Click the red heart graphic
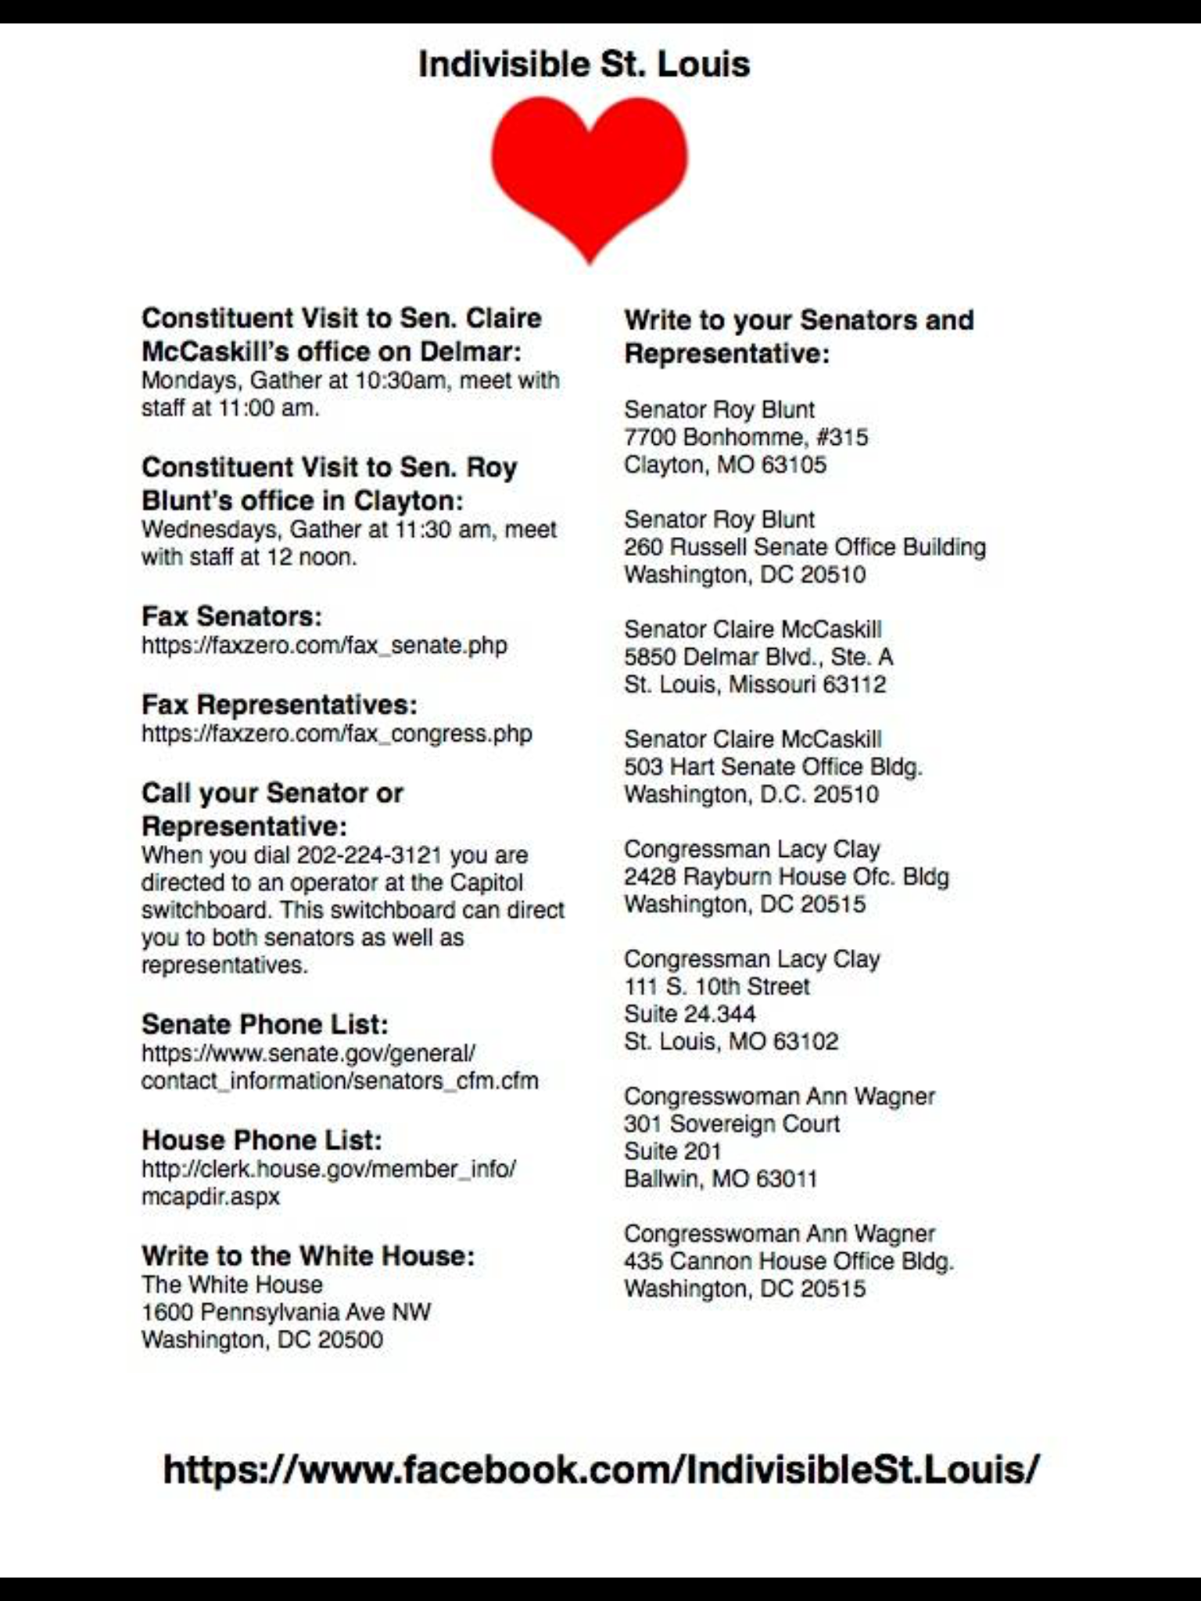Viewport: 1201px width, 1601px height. [x=589, y=172]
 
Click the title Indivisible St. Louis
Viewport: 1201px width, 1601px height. [x=584, y=64]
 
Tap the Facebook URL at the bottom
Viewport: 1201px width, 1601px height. [x=600, y=1469]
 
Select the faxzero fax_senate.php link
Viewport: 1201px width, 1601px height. [x=324, y=646]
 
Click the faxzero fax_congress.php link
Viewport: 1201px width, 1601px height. [x=336, y=734]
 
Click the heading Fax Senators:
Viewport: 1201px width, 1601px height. [x=231, y=617]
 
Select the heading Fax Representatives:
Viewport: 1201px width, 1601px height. [x=279, y=705]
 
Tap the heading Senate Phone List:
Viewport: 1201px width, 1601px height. [x=264, y=1024]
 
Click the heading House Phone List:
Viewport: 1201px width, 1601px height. [x=262, y=1141]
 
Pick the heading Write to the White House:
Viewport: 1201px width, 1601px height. [x=308, y=1256]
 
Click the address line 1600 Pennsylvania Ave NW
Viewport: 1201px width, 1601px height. [x=285, y=1312]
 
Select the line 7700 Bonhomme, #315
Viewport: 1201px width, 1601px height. [x=745, y=437]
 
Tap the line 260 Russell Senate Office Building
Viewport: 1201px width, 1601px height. [x=805, y=547]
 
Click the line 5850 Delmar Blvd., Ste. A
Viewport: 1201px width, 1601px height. [x=758, y=657]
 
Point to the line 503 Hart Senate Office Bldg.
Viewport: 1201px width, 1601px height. [x=773, y=767]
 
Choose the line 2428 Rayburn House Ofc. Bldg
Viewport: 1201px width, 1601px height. [x=786, y=876]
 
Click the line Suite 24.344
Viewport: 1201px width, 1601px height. [x=689, y=1014]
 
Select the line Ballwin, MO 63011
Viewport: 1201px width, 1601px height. [x=720, y=1179]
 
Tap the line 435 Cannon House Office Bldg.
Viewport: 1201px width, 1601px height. [x=788, y=1261]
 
